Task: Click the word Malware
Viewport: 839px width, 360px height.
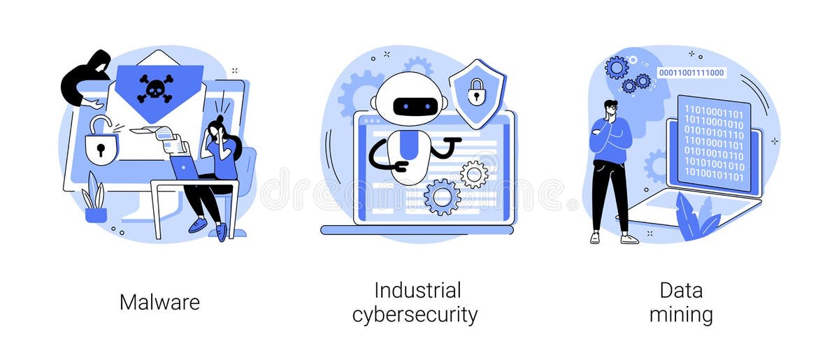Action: click(x=159, y=302)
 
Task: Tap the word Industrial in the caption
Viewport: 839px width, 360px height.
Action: click(x=417, y=290)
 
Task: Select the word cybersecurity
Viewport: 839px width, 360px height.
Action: click(x=415, y=315)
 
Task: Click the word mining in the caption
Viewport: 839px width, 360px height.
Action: click(x=680, y=315)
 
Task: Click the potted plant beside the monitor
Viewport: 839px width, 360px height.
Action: click(x=94, y=199)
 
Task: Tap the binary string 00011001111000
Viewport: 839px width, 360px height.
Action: click(x=691, y=73)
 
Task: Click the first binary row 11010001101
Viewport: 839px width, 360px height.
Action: click(x=713, y=110)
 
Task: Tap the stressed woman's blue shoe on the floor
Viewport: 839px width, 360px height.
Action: click(x=198, y=225)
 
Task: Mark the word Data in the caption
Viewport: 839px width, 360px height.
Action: click(x=680, y=290)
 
